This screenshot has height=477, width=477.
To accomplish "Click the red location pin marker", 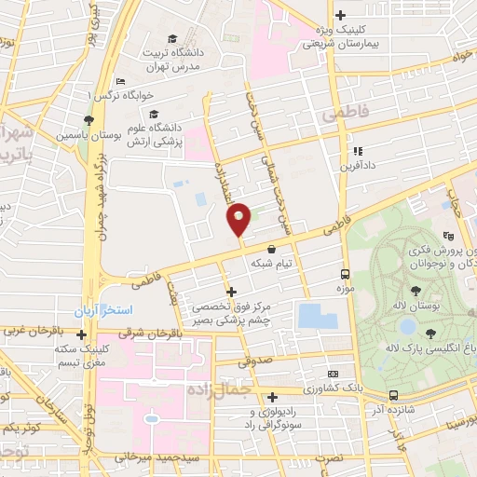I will (x=239, y=219).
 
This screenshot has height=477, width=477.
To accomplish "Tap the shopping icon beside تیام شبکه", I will (x=271, y=250).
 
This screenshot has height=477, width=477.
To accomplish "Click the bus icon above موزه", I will (x=345, y=274).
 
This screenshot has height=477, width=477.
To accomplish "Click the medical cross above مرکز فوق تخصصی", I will (x=231, y=293).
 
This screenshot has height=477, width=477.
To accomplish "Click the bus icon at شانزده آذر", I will (x=394, y=394).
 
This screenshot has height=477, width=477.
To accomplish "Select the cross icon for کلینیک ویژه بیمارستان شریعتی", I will (x=340, y=15).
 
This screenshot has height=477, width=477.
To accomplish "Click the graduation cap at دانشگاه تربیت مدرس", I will (x=172, y=38).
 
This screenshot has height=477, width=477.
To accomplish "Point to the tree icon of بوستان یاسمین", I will (x=87, y=121).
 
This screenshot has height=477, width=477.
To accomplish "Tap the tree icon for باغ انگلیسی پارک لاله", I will (x=429, y=333).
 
